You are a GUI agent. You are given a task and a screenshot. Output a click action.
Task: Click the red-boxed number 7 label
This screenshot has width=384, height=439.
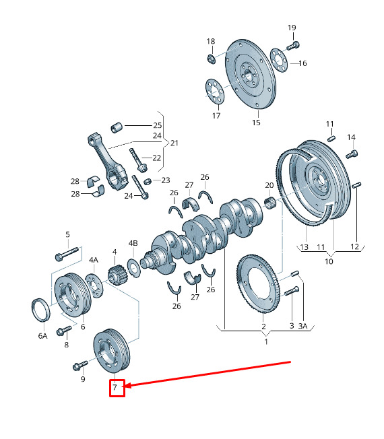click(x=115, y=387)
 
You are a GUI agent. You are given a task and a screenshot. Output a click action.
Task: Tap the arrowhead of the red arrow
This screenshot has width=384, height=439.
click(x=125, y=386)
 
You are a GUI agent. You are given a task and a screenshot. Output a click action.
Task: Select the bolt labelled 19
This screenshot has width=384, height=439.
click(x=293, y=45)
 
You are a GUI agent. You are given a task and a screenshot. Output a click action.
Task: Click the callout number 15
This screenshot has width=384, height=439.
click(x=256, y=123)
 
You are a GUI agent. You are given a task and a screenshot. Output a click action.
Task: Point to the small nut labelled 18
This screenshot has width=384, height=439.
click(x=211, y=59)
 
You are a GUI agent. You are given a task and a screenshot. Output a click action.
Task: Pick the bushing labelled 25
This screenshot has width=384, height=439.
click(x=117, y=127)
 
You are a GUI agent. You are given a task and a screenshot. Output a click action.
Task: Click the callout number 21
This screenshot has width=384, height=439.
click(x=174, y=143)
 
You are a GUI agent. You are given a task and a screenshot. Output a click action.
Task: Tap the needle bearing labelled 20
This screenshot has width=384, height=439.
click(x=270, y=202)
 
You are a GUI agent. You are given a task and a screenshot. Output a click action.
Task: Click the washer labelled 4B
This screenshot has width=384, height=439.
click(x=134, y=268)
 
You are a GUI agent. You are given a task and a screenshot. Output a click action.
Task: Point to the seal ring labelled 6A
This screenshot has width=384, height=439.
click(x=40, y=310)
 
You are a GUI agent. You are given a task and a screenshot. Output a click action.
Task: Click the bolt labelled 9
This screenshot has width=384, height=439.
click(x=80, y=365)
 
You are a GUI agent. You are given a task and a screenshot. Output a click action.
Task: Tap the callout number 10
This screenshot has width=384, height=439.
click(x=329, y=261)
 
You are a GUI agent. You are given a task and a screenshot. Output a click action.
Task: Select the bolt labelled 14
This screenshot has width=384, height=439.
click(x=352, y=154)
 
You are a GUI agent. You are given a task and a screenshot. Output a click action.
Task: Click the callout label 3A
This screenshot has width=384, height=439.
click(x=302, y=326)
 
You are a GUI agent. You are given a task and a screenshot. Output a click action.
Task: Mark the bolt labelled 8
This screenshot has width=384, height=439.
click(x=64, y=331)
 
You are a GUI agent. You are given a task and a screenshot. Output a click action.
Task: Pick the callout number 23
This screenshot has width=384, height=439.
click(x=166, y=180)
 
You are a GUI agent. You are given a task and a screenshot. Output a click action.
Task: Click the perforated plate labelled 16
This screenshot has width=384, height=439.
click(x=279, y=60)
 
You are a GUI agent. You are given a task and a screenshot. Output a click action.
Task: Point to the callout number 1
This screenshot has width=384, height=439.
click(x=266, y=341)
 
